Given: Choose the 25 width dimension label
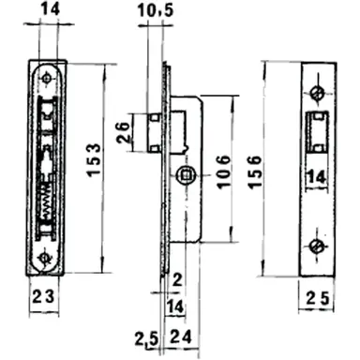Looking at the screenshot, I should pos(319,299).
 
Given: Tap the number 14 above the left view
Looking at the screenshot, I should pos(48,11).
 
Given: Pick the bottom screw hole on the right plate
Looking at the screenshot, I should pos(319,246).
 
